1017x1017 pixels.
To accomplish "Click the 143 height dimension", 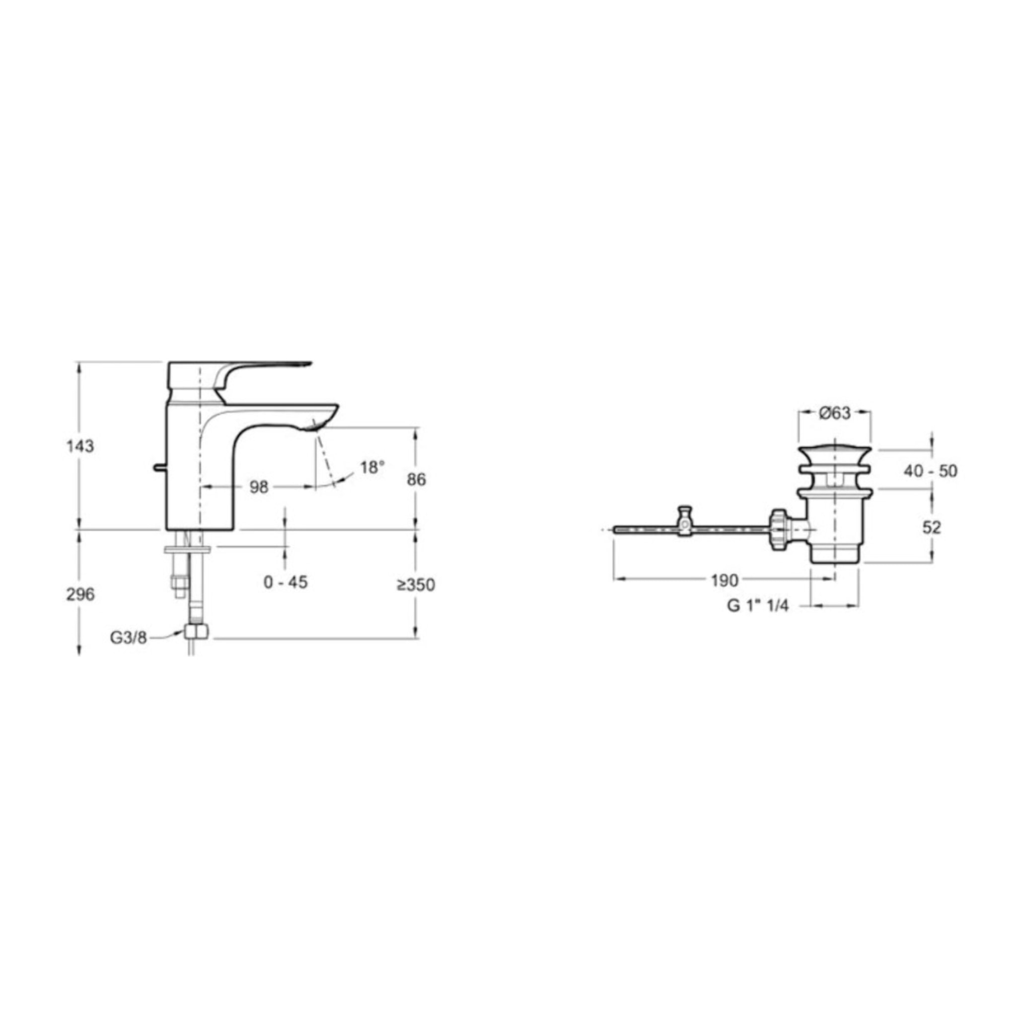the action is point(80,446).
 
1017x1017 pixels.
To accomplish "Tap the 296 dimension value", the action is point(80,594).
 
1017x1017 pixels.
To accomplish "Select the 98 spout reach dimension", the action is point(258,488).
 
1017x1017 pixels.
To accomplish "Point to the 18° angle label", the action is point(372,467).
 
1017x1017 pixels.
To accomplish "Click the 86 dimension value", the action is point(416,480).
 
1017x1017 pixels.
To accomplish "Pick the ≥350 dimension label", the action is point(416,585).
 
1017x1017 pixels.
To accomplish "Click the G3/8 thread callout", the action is point(129,638).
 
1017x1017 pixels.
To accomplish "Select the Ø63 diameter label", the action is point(835,413).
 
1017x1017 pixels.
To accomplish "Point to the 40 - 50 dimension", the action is point(930,471).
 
